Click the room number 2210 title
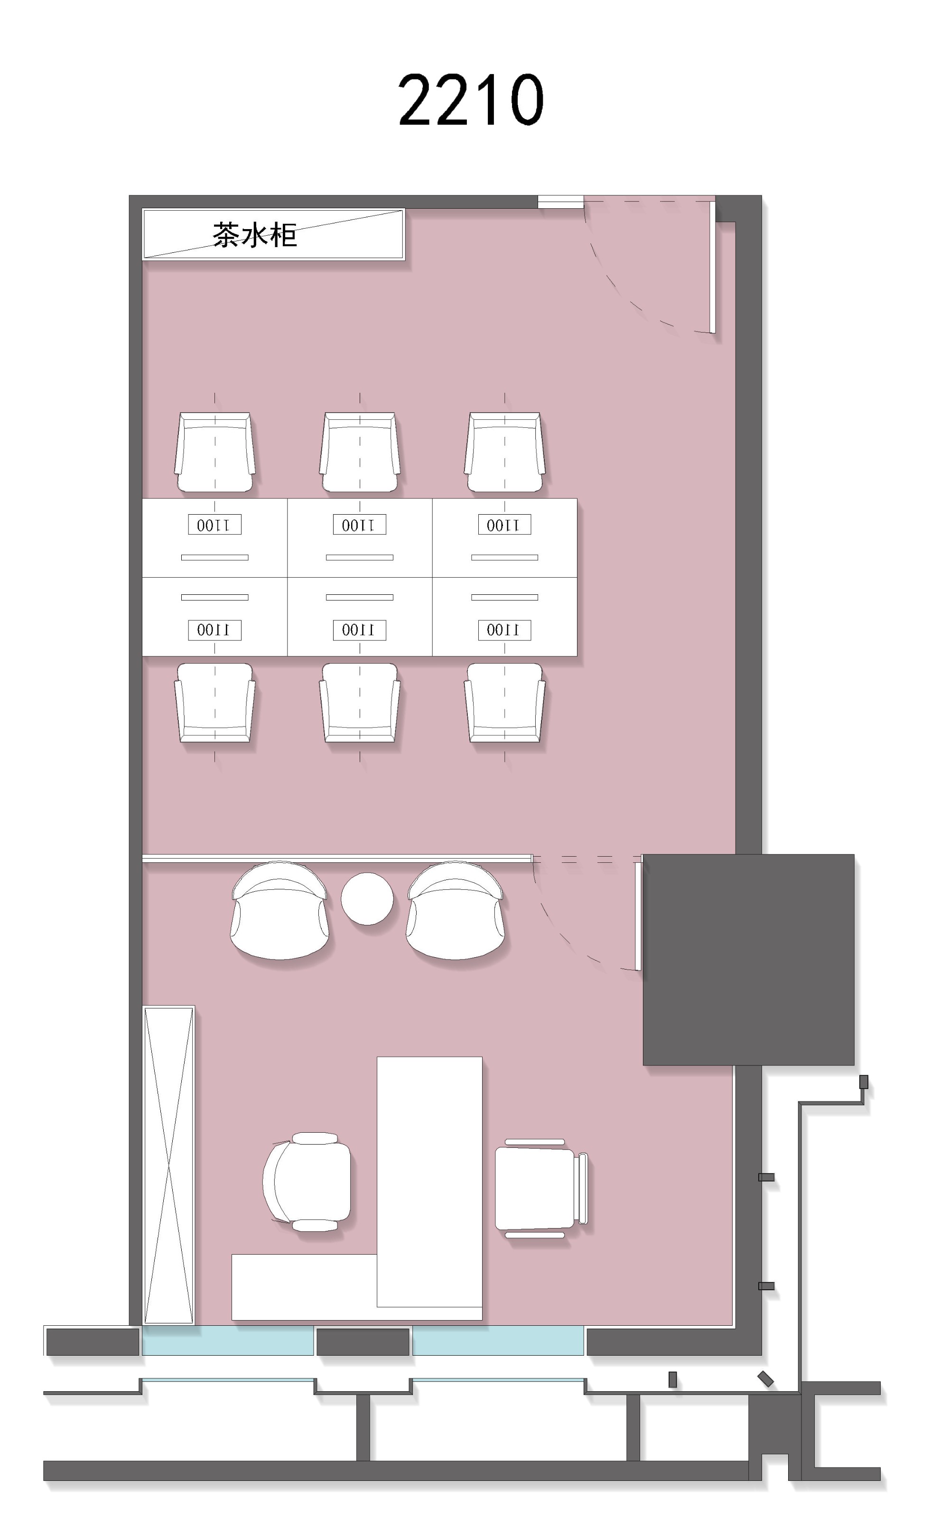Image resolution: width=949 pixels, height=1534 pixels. click(471, 100)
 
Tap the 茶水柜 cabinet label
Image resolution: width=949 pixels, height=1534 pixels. click(254, 235)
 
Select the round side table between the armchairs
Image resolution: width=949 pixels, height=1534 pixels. click(367, 898)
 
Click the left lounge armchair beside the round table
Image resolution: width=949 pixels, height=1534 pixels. click(279, 910)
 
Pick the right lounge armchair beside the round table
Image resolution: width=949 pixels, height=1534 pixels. click(455, 910)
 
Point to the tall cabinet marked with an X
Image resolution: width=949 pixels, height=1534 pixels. click(168, 1165)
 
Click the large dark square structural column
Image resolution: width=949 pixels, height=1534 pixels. click(748, 959)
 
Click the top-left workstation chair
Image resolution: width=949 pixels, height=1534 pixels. click(214, 452)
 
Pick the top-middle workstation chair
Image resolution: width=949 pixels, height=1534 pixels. click(360, 452)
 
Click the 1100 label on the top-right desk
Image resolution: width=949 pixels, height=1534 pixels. click(504, 525)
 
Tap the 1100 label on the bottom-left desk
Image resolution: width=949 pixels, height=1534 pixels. click(214, 630)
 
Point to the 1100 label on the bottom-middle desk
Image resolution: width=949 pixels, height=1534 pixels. click(360, 630)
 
